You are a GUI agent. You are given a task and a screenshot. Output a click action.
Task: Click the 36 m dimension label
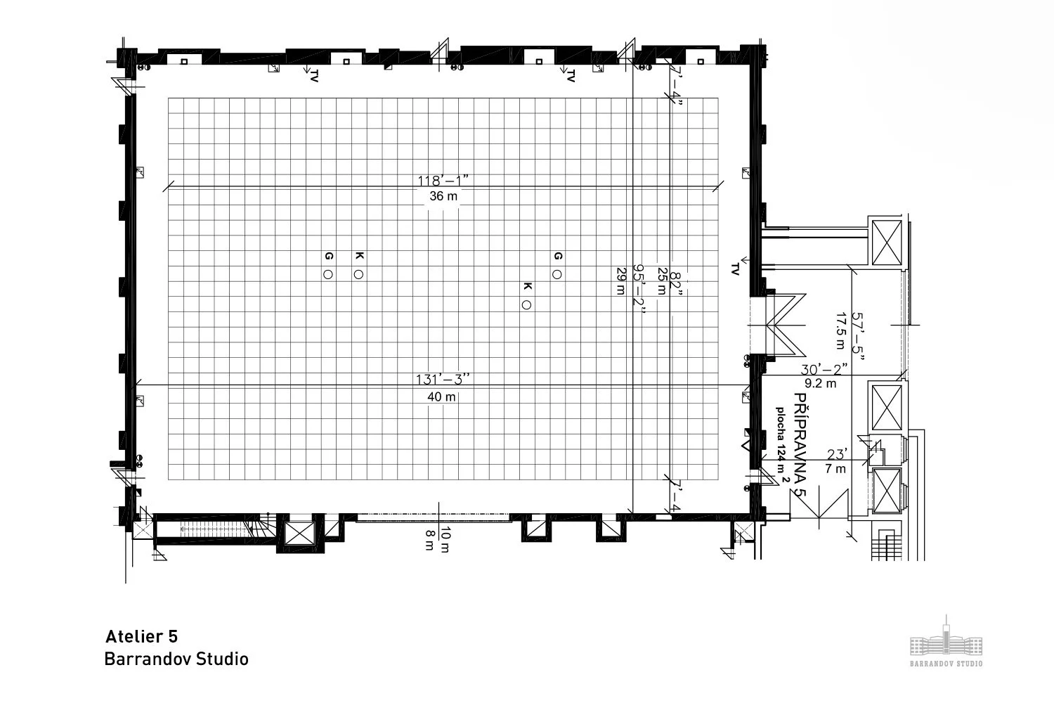443,196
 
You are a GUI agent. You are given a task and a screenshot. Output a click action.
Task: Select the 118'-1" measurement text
443,180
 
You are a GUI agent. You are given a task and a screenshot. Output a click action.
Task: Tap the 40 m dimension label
441,396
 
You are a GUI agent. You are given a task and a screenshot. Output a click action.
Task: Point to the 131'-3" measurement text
442,380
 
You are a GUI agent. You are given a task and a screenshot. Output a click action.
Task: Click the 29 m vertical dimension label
620,281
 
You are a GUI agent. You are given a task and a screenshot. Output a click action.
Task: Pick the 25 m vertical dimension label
661,281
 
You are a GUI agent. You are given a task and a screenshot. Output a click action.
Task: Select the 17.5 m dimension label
839,330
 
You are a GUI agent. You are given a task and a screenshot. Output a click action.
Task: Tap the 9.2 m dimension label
820,383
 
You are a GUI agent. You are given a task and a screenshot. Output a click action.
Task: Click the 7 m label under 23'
835,469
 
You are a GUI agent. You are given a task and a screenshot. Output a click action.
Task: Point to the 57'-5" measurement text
857,336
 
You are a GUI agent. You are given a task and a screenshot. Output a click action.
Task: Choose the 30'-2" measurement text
824,368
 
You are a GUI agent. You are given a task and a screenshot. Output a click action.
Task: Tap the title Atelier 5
141,636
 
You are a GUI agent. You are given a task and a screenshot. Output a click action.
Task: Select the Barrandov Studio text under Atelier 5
176,659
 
